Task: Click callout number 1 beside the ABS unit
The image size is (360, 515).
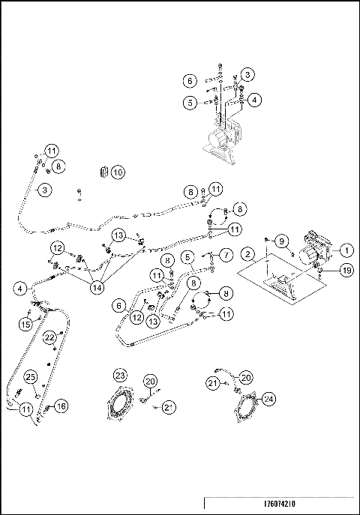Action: (x=347, y=250)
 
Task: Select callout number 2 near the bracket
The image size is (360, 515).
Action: (x=247, y=255)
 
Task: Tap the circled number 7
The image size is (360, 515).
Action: (x=225, y=254)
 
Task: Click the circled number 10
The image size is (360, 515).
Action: (x=118, y=172)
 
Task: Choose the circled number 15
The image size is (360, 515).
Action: (x=25, y=324)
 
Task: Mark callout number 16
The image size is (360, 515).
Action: (x=61, y=406)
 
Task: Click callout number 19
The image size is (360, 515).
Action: (x=346, y=270)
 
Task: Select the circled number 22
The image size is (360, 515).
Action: (x=49, y=337)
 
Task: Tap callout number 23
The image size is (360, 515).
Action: (x=120, y=375)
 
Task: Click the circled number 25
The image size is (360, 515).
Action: (x=30, y=376)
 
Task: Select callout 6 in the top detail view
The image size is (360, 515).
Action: (x=190, y=79)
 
